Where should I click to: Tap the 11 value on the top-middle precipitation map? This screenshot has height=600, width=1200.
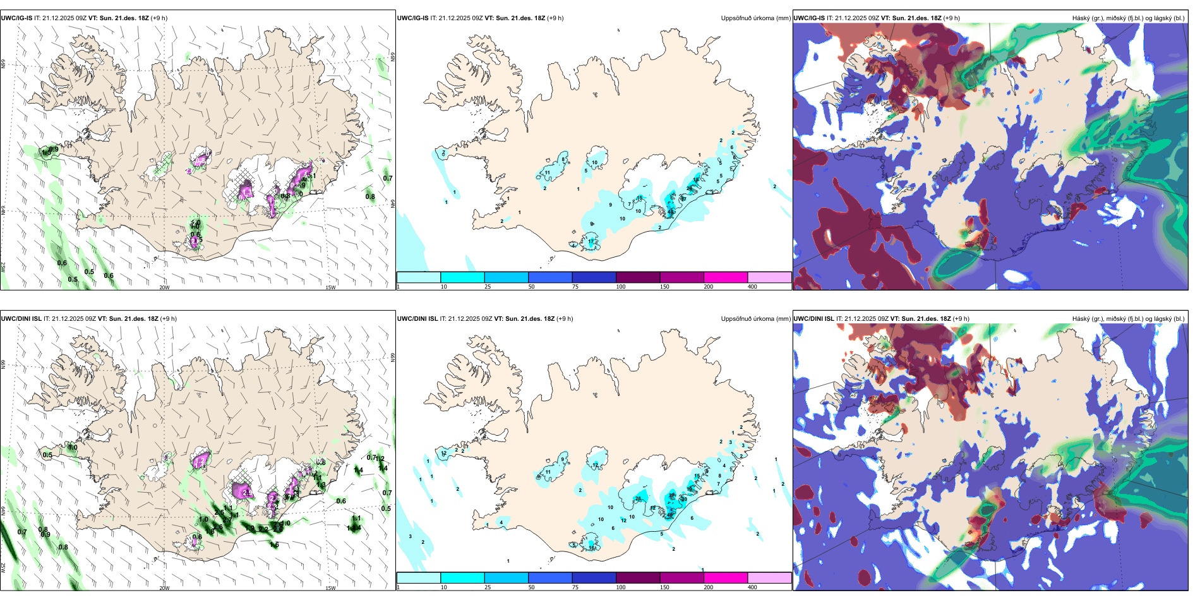(548, 172)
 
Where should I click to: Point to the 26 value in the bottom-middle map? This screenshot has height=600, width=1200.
(639, 498)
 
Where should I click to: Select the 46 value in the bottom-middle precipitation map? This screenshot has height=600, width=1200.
(670, 515)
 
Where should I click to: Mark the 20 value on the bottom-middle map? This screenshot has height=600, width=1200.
(684, 499)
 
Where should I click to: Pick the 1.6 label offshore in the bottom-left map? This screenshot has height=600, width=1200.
(275, 544)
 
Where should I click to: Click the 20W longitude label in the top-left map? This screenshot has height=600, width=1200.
(164, 287)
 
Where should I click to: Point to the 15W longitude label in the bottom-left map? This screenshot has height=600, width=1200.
(330, 588)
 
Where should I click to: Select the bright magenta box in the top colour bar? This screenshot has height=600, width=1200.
(726, 277)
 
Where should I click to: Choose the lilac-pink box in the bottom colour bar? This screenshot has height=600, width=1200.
(769, 578)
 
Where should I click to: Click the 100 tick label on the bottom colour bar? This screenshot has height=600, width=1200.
(621, 587)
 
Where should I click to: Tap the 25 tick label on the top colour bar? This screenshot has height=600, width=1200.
(488, 287)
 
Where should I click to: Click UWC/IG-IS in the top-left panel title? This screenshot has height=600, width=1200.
(16, 18)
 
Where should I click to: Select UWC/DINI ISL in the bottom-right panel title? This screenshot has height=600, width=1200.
(814, 319)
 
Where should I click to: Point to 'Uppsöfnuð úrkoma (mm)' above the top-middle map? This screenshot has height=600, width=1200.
(755, 18)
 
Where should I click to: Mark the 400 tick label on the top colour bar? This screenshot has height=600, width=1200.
(752, 287)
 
